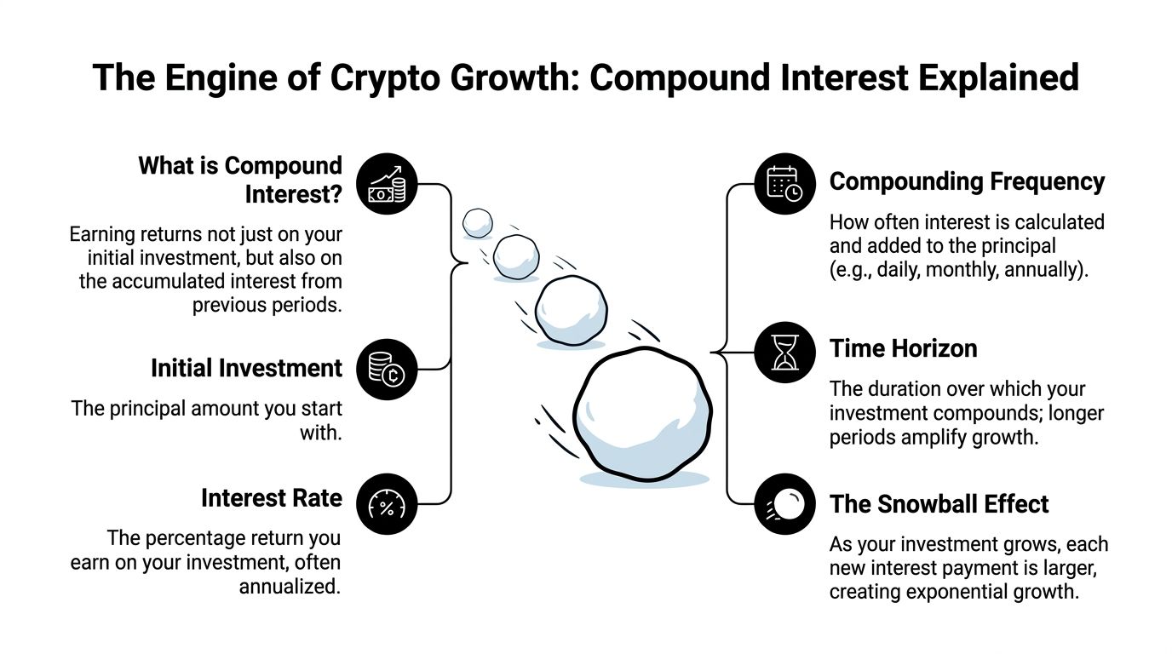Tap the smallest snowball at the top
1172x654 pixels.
coord(477,223)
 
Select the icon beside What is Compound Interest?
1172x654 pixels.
coord(388,183)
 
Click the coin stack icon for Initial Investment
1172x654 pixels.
coord(388,369)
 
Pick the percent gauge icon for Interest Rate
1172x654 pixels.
coord(388,504)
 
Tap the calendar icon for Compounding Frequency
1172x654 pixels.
coord(784,183)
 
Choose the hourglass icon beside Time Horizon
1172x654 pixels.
coord(784,351)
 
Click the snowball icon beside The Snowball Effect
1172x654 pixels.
coord(784,504)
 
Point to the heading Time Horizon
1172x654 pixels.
coord(903,348)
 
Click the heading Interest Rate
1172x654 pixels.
coord(272,498)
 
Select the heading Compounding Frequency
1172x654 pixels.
coord(967,181)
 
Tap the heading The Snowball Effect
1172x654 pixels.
coord(939,504)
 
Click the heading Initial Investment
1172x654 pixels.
coord(246,368)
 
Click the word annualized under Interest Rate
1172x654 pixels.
coord(290,587)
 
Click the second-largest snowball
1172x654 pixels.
coord(571,310)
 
